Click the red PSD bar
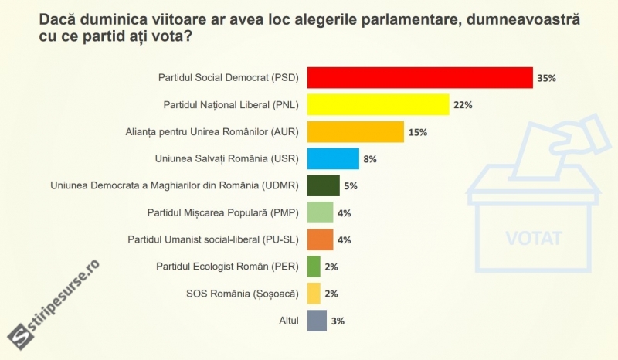(x=420, y=78)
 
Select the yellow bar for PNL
(x=379, y=105)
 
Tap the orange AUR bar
(x=355, y=131)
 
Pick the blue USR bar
(x=333, y=158)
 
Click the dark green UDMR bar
(x=324, y=185)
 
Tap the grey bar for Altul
(x=317, y=320)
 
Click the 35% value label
(x=548, y=79)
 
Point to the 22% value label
(x=463, y=105)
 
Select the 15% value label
(x=418, y=132)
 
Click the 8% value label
(x=370, y=159)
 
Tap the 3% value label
(x=338, y=321)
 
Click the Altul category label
(x=289, y=320)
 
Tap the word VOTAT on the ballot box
(x=534, y=237)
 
